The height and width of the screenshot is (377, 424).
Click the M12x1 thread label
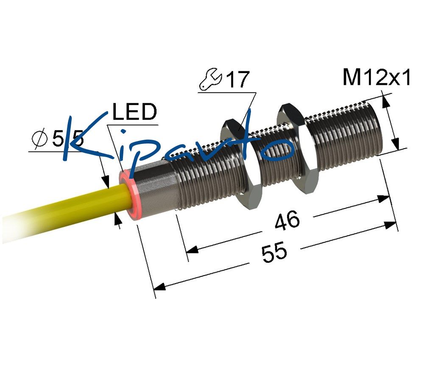(377, 77)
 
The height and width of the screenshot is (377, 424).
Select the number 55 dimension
(274, 252)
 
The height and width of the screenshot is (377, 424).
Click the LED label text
(134, 112)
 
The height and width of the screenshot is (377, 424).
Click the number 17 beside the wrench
(237, 79)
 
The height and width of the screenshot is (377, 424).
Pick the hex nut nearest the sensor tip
(298, 149)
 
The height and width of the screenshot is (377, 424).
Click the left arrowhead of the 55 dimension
(159, 286)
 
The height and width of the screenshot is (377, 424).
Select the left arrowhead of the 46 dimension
(192, 250)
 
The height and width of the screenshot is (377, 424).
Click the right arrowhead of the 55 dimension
(391, 225)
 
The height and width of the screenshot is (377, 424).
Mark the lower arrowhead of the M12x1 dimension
(395, 143)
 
